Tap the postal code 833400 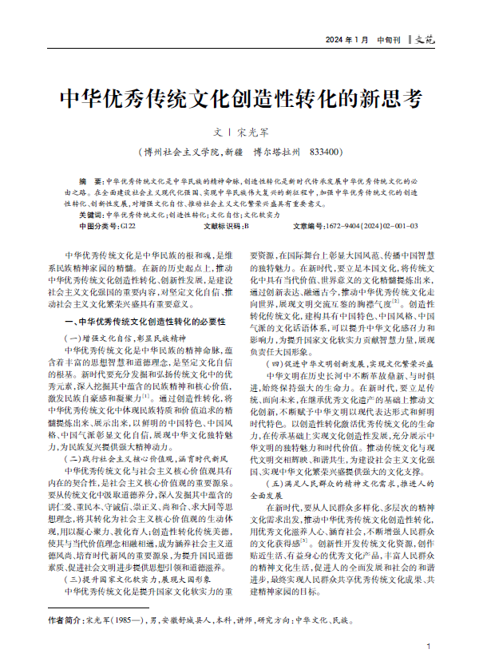coord(326,151)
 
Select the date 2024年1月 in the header coord(347,40)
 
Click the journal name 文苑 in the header coord(426,40)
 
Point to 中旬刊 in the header coord(390,40)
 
